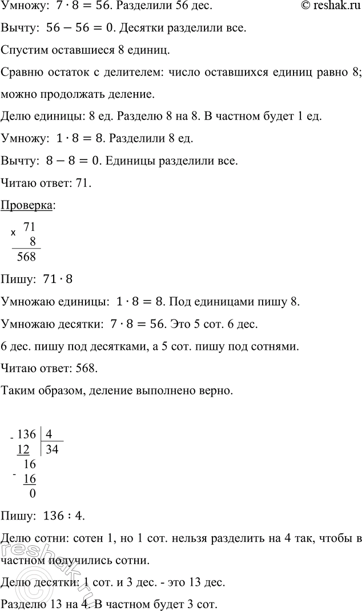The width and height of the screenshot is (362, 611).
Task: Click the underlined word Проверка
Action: tap(28, 205)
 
